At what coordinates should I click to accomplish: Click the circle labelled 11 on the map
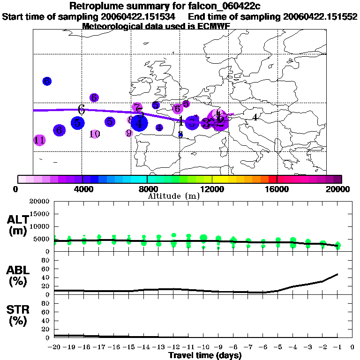pos(39,140)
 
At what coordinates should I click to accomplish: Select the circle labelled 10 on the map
pos(95,134)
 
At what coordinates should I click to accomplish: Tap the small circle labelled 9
pos(129,133)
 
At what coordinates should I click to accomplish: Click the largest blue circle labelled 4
pos(139,123)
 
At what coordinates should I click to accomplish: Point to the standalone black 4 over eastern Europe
pos(255,117)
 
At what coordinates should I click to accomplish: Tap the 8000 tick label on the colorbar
pos(147,189)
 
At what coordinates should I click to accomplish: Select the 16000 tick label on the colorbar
pos(277,189)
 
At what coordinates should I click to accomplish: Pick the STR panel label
pos(18,315)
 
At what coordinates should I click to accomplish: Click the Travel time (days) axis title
pos(205,355)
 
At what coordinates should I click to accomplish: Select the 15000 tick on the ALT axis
pos(40,214)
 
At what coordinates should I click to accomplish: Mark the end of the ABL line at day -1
pos(337,274)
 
